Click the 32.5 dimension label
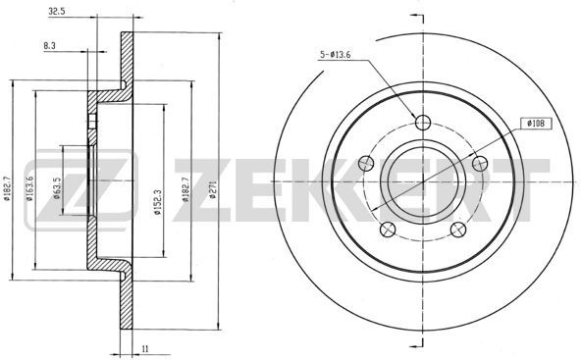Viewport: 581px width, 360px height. click(x=57, y=12)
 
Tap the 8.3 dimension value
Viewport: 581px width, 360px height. click(x=49, y=46)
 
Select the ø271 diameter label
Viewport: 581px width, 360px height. click(x=213, y=189)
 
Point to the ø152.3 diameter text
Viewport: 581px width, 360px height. click(x=158, y=203)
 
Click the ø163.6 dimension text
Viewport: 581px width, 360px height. click(x=29, y=188)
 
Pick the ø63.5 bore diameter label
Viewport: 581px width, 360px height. click(x=57, y=188)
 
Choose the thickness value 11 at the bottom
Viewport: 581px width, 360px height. click(x=145, y=348)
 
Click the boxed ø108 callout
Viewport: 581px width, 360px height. click(x=536, y=124)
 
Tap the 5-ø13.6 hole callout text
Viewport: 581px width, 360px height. click(x=336, y=55)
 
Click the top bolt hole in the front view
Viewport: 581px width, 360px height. click(x=423, y=123)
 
